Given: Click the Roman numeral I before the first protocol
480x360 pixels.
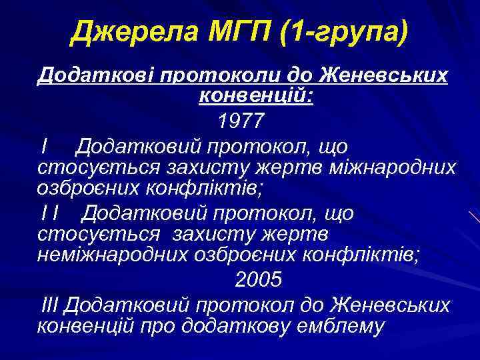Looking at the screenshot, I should [43, 145].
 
